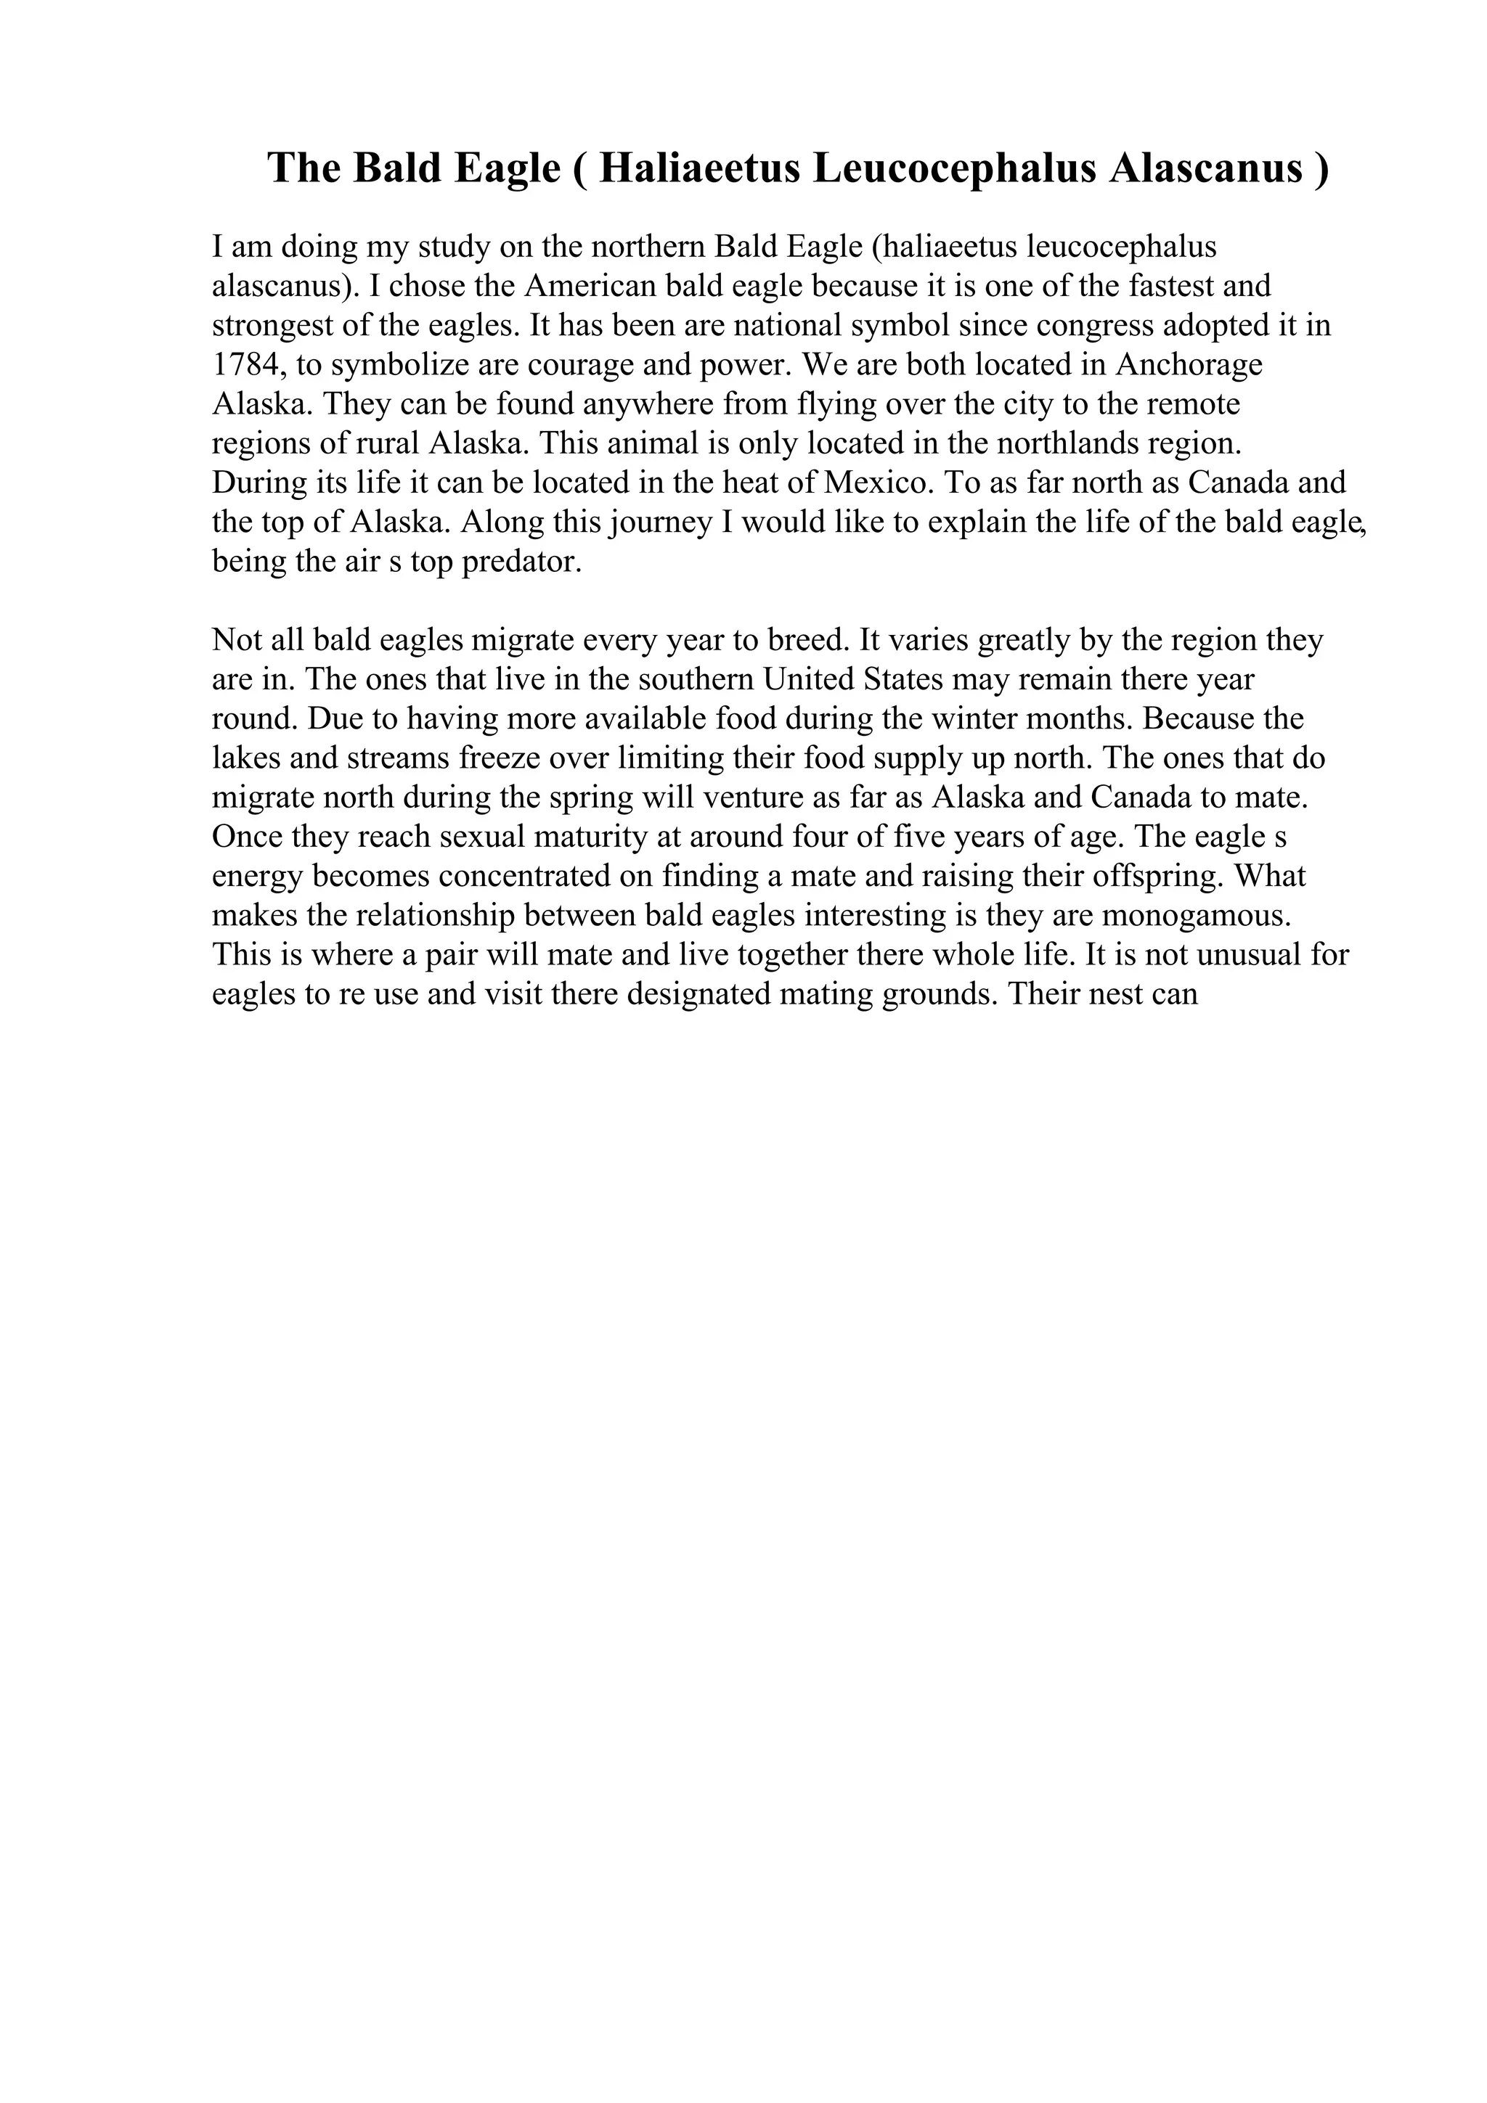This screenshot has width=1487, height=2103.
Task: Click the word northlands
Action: pyautogui.click(x=1071, y=443)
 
